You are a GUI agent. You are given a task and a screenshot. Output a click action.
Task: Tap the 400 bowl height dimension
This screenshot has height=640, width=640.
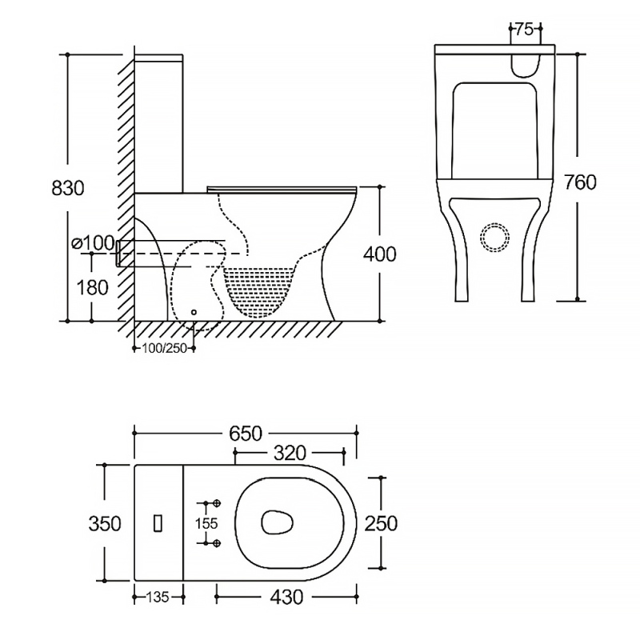[379, 254]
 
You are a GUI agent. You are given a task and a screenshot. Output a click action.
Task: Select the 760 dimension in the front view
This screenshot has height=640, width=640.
[580, 182]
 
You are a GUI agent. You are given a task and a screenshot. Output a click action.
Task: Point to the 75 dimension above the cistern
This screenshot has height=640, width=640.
[524, 30]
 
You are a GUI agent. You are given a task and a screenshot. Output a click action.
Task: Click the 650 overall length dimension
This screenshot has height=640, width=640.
[246, 433]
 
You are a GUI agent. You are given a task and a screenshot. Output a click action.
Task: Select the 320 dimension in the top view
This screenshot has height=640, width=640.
[289, 454]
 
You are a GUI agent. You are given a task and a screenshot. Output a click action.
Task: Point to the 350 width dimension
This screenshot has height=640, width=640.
[105, 523]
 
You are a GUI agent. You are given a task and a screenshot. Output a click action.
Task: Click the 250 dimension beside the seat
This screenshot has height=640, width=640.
[381, 523]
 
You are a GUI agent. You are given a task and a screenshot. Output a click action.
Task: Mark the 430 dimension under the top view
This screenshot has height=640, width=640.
[286, 597]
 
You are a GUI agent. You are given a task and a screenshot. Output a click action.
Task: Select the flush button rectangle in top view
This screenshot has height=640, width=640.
[158, 522]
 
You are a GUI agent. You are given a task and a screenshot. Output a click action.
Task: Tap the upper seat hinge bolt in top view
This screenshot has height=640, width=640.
[216, 502]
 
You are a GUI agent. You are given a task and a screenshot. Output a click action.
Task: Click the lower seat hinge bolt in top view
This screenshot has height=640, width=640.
[216, 543]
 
